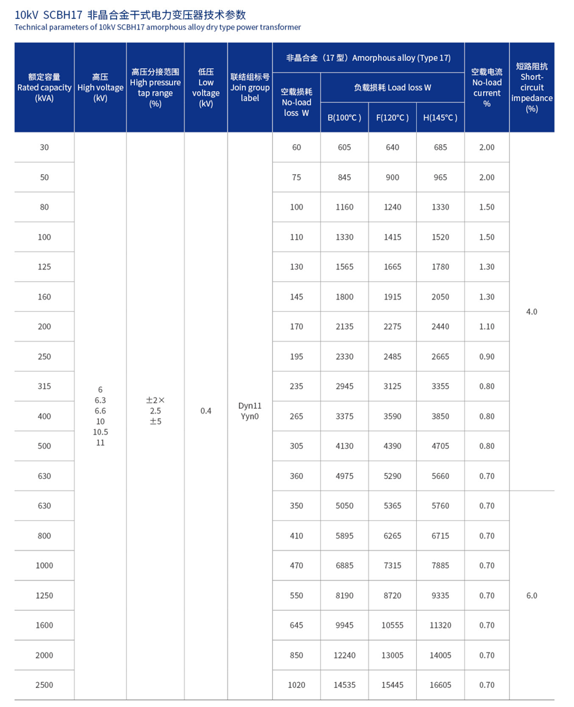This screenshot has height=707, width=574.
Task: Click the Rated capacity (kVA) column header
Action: point(45,88)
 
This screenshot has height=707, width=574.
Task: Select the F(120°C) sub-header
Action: point(392,118)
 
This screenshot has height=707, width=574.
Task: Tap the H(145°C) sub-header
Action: point(440,118)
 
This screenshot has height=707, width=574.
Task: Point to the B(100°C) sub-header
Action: point(344,118)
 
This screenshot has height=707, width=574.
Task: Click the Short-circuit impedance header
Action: point(531,88)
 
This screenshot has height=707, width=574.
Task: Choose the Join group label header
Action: point(250,88)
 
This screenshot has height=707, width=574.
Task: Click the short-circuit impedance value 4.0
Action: point(531,312)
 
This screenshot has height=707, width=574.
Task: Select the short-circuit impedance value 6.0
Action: point(531,596)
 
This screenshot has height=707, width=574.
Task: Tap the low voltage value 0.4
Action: point(206,411)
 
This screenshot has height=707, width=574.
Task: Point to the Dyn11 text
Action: point(250,406)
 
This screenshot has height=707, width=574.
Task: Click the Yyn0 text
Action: point(250,417)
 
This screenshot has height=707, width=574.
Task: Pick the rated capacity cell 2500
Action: point(45,685)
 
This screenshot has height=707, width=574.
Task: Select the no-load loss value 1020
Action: point(296,685)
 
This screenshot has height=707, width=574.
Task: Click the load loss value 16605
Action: point(440,685)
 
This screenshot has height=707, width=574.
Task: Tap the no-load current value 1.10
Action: point(487,327)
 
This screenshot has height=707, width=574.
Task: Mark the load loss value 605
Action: point(344,147)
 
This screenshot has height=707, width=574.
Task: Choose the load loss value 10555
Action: point(392,626)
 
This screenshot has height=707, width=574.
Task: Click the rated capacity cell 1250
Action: point(45,596)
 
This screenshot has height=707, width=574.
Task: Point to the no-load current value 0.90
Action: point(487,356)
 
